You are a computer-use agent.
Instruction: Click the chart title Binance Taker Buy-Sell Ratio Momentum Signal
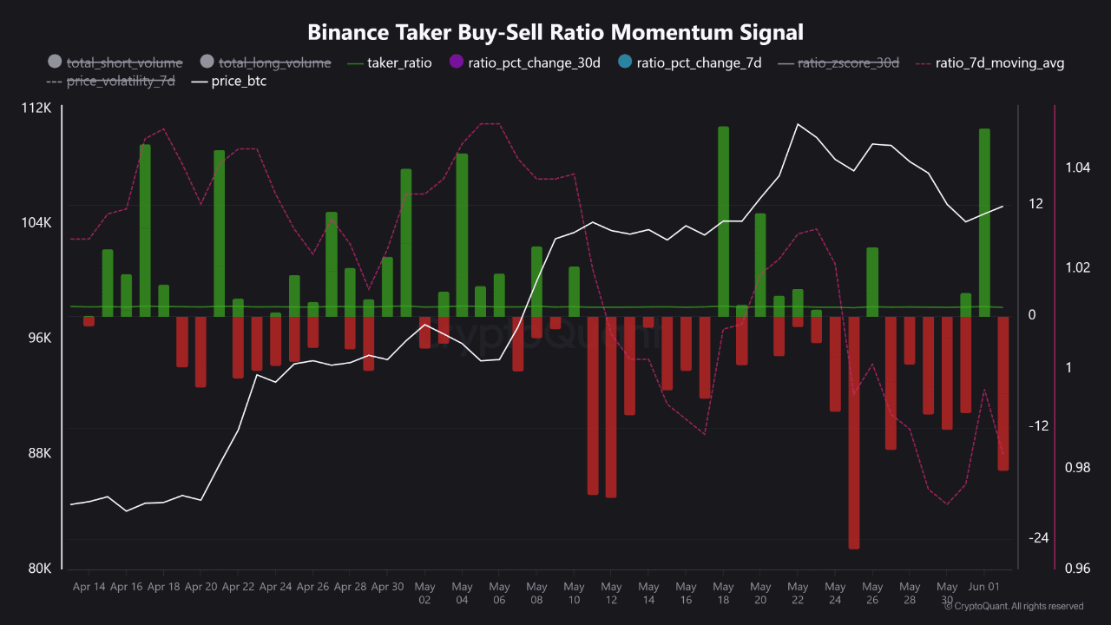[555, 32]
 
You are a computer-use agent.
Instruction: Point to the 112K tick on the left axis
[37, 108]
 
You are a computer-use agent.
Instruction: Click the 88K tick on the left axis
[39, 453]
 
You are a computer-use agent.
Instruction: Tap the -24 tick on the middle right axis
[1038, 538]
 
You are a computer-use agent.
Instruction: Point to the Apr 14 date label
[89, 587]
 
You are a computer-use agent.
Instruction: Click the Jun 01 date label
[983, 587]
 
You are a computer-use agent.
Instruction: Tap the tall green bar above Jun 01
[984, 222]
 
